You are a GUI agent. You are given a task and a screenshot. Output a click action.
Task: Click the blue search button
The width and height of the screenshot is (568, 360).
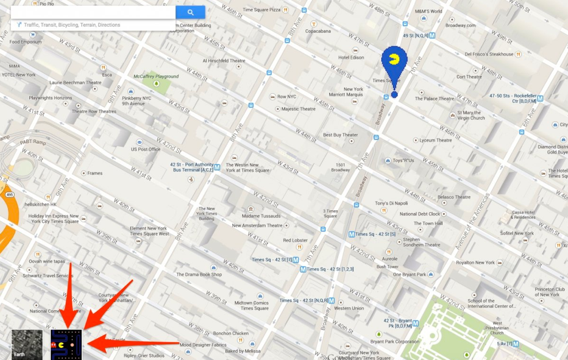click(x=190, y=12)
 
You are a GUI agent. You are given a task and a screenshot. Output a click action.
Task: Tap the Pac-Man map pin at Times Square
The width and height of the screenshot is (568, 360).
click(x=394, y=62)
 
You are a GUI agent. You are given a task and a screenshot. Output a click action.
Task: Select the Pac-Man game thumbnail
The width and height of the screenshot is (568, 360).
click(x=66, y=345)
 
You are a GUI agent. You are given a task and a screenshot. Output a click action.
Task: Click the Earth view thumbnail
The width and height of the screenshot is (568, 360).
click(x=27, y=345)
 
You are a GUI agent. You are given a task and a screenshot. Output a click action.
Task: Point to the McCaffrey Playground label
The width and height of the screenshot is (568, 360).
click(x=156, y=77)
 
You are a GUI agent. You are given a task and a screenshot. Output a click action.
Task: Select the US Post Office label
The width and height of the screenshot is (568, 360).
click(x=146, y=149)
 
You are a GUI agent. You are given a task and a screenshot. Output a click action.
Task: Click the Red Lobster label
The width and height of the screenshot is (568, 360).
click(x=295, y=241)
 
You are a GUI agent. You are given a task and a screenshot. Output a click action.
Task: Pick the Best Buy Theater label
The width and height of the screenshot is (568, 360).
click(x=340, y=135)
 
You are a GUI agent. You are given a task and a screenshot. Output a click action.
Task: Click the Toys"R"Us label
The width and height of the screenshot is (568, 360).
click(x=403, y=161)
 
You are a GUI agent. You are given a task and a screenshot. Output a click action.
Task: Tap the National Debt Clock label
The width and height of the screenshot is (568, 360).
click(x=419, y=214)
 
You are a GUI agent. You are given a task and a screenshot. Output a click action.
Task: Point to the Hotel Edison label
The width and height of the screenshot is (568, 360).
click(x=351, y=58)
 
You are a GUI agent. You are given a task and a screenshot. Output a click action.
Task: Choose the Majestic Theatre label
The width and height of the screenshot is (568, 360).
click(x=298, y=109)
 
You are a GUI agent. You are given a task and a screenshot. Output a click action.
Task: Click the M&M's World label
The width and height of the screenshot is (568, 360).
click(x=428, y=12)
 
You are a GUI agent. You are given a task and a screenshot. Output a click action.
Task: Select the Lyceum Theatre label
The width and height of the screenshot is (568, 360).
click(x=436, y=140)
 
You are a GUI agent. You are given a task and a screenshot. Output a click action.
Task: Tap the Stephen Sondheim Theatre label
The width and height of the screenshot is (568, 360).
click(x=421, y=242)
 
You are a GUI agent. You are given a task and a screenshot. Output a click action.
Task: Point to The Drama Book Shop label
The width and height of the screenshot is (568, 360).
click(x=199, y=275)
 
